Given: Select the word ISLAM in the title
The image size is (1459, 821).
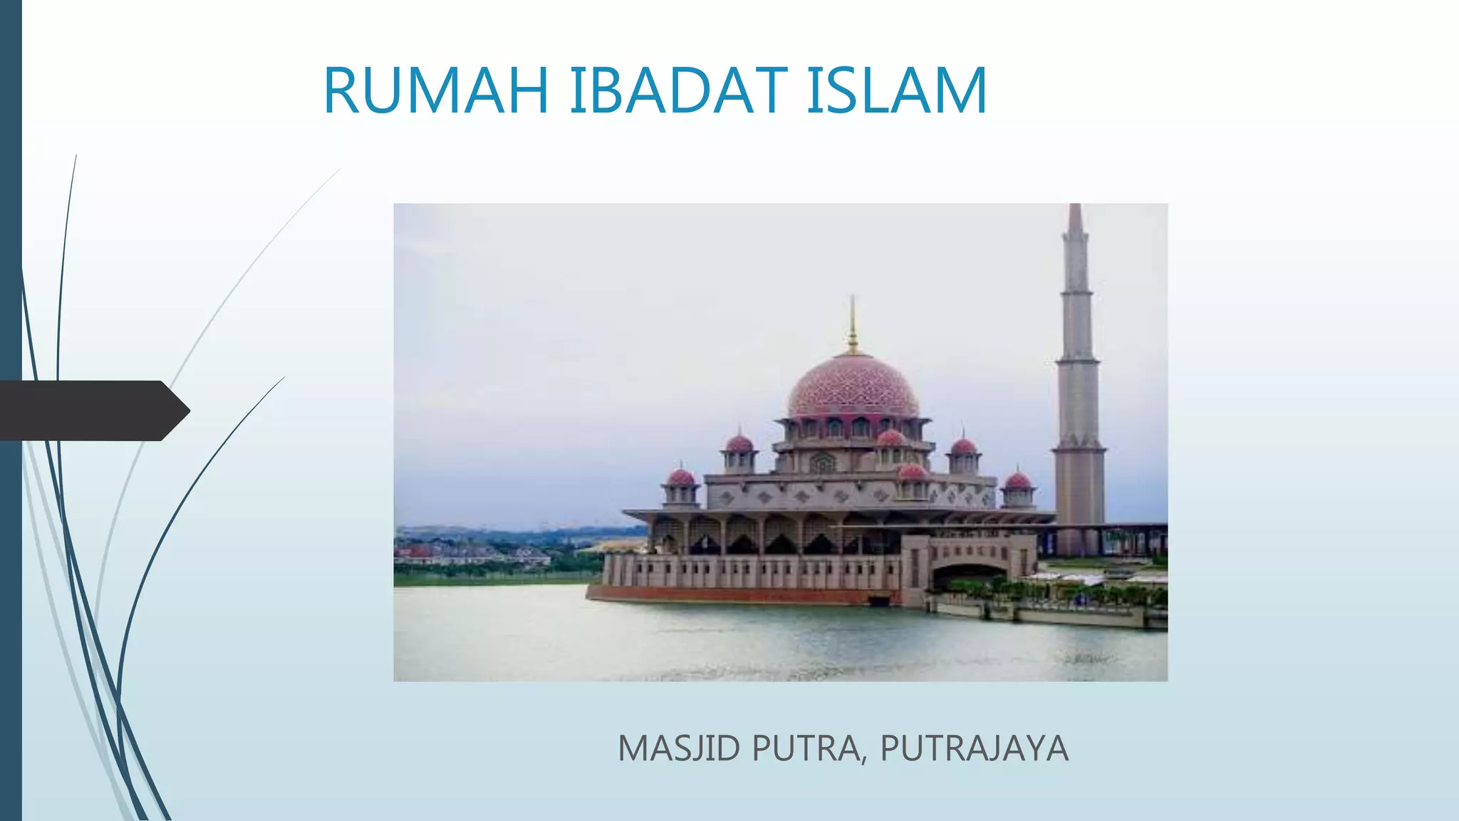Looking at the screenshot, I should point(896,91).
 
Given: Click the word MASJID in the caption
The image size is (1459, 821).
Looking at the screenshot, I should point(679,748).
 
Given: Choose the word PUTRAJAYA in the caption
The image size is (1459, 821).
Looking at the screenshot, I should point(974,748).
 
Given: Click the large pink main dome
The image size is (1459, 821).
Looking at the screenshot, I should point(853,388).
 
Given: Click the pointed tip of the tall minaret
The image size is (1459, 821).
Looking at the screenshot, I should point(1076,210).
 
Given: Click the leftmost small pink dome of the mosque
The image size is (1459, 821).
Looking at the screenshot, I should point(681,477).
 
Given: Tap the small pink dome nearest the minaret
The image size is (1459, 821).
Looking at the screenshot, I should point(1017,480).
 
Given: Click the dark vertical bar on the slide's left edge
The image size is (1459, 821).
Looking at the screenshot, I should point(11,570).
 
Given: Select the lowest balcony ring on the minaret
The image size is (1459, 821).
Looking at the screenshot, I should point(1079,450).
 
